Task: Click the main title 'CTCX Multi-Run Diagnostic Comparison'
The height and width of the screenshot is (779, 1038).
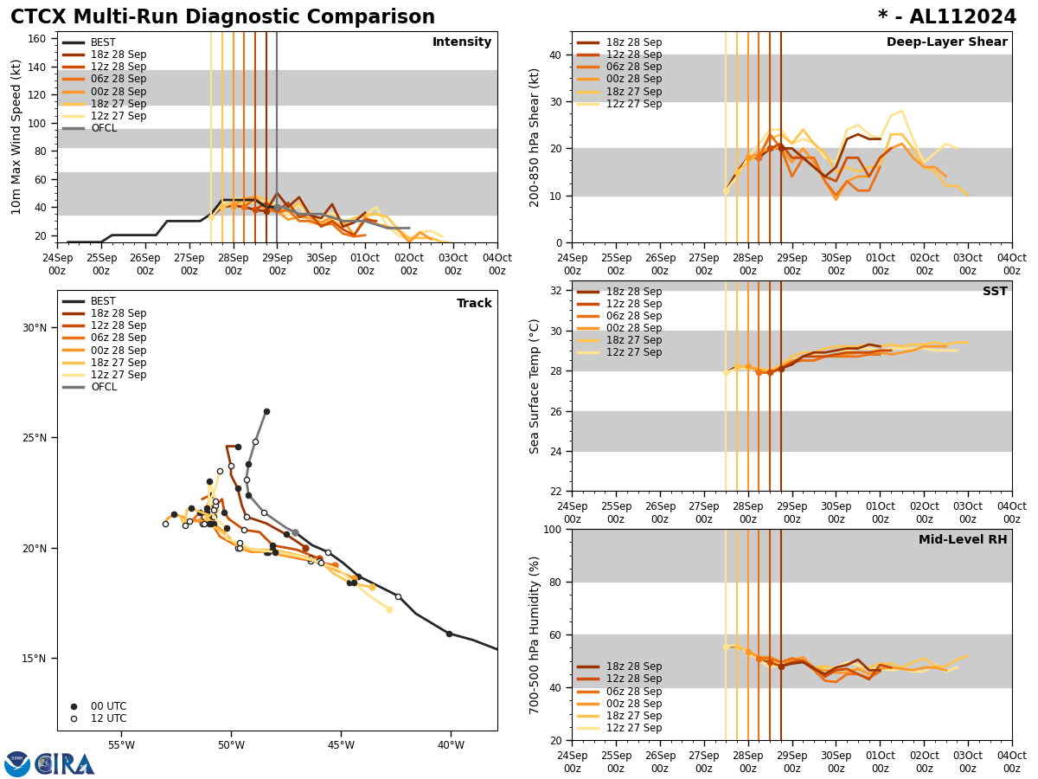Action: point(222,17)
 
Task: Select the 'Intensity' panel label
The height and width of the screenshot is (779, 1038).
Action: point(461,42)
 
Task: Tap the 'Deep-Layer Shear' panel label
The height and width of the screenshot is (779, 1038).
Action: point(946,42)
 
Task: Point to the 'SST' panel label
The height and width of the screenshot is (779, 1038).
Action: point(994,292)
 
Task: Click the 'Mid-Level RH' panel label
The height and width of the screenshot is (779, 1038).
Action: point(963,540)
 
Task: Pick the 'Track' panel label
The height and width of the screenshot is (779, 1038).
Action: point(474,304)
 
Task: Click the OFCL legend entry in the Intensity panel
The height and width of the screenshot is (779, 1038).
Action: point(103,128)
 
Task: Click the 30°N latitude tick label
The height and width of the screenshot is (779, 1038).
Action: point(35,328)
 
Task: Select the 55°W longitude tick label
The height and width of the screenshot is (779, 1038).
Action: point(121,745)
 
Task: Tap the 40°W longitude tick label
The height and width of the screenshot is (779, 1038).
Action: point(451,745)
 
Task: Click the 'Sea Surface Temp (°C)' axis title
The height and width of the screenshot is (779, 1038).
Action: point(535,386)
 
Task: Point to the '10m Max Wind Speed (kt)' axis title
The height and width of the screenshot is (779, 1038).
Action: point(16,137)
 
